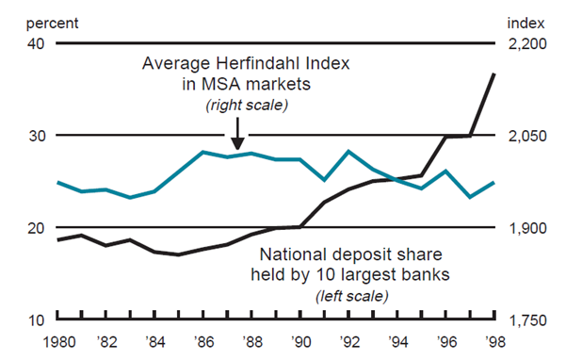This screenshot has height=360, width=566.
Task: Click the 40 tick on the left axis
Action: (37, 44)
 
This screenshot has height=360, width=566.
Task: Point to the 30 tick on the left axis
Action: (37, 136)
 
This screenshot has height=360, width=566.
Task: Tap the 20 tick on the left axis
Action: (37, 228)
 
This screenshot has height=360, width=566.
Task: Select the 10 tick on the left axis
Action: (37, 320)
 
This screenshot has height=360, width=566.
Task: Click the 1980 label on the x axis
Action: (58, 341)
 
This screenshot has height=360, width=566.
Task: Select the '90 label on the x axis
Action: (300, 341)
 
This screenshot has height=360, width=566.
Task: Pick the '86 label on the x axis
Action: (203, 341)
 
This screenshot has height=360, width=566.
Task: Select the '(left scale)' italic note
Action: (351, 295)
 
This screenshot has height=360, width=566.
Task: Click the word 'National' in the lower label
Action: (292, 254)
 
